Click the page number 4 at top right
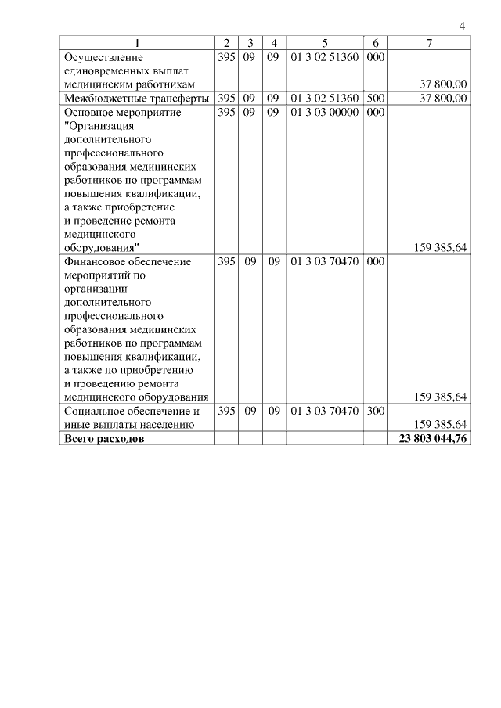[462, 27]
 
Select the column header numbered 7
[430, 43]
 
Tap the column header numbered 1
[137, 43]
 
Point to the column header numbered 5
[324, 43]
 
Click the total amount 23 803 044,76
[431, 439]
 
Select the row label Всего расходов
[103, 439]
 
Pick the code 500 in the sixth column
[375, 99]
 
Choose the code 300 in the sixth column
[375, 411]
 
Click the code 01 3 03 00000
[324, 113]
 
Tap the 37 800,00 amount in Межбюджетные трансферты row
[443, 99]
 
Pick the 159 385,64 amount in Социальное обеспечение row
[439, 425]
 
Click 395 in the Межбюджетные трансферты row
[226, 99]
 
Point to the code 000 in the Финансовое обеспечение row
[375, 261]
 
